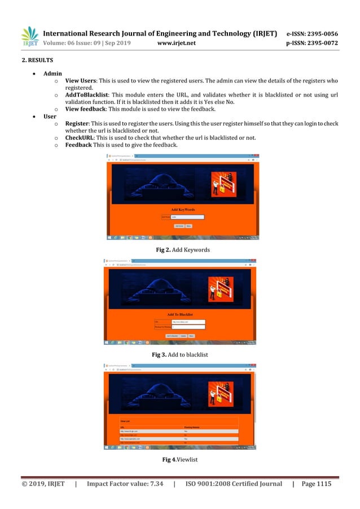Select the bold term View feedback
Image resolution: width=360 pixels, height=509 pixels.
[86, 109]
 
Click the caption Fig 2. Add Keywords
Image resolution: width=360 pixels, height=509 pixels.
[179, 249]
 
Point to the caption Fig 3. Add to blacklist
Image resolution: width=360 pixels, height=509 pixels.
[179, 354]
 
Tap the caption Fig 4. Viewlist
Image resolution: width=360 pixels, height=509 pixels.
[179, 460]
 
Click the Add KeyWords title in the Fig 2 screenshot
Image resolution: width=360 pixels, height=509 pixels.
[183, 209]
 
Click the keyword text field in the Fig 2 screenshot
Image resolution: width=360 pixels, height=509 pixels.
[187, 216]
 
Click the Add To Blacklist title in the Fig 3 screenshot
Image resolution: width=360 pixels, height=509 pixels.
[180, 314]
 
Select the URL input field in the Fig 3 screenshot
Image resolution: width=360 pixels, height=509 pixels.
[188, 321]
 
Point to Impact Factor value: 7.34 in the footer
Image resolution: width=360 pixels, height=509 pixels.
[125, 484]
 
